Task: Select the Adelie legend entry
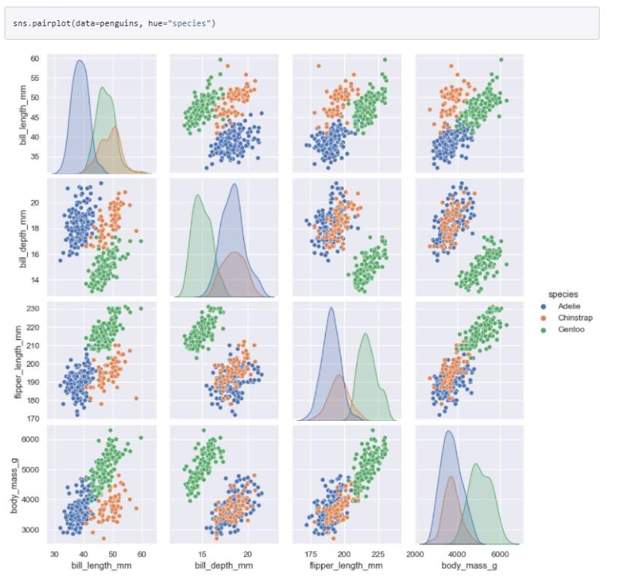click(x=569, y=305)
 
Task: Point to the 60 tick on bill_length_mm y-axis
click(x=35, y=58)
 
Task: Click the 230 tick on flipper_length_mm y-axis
click(x=33, y=308)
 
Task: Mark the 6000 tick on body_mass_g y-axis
click(x=31, y=439)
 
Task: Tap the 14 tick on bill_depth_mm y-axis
click(x=35, y=279)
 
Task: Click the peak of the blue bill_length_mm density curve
click(x=79, y=61)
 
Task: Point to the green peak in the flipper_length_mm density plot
click(x=366, y=334)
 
